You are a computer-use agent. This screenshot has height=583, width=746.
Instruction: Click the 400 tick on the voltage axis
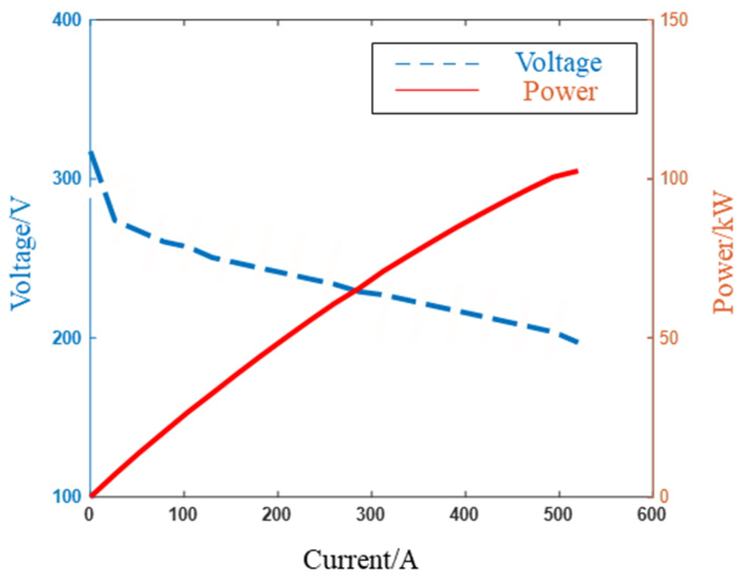(x=67, y=20)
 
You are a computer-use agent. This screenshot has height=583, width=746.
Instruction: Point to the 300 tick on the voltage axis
(x=67, y=178)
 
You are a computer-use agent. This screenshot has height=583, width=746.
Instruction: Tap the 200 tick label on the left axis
(x=67, y=337)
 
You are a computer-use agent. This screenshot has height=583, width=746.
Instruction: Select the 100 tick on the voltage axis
(x=67, y=496)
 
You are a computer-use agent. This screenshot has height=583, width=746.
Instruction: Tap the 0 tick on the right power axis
(x=664, y=496)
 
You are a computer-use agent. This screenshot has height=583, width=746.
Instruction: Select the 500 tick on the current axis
(x=558, y=514)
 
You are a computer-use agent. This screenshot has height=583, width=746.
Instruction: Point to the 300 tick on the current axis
(x=370, y=514)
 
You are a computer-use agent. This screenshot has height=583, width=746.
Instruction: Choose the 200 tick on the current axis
(x=276, y=514)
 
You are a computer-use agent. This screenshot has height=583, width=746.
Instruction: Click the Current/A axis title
(x=360, y=560)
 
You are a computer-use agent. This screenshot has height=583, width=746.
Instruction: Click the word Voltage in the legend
(x=558, y=63)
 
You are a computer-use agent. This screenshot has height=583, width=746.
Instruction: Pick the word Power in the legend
(x=560, y=91)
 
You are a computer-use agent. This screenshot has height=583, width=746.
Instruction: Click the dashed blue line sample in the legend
(x=437, y=64)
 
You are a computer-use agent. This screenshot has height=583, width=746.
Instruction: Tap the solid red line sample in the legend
(x=437, y=90)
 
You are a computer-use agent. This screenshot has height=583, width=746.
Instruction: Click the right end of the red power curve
(x=577, y=171)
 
